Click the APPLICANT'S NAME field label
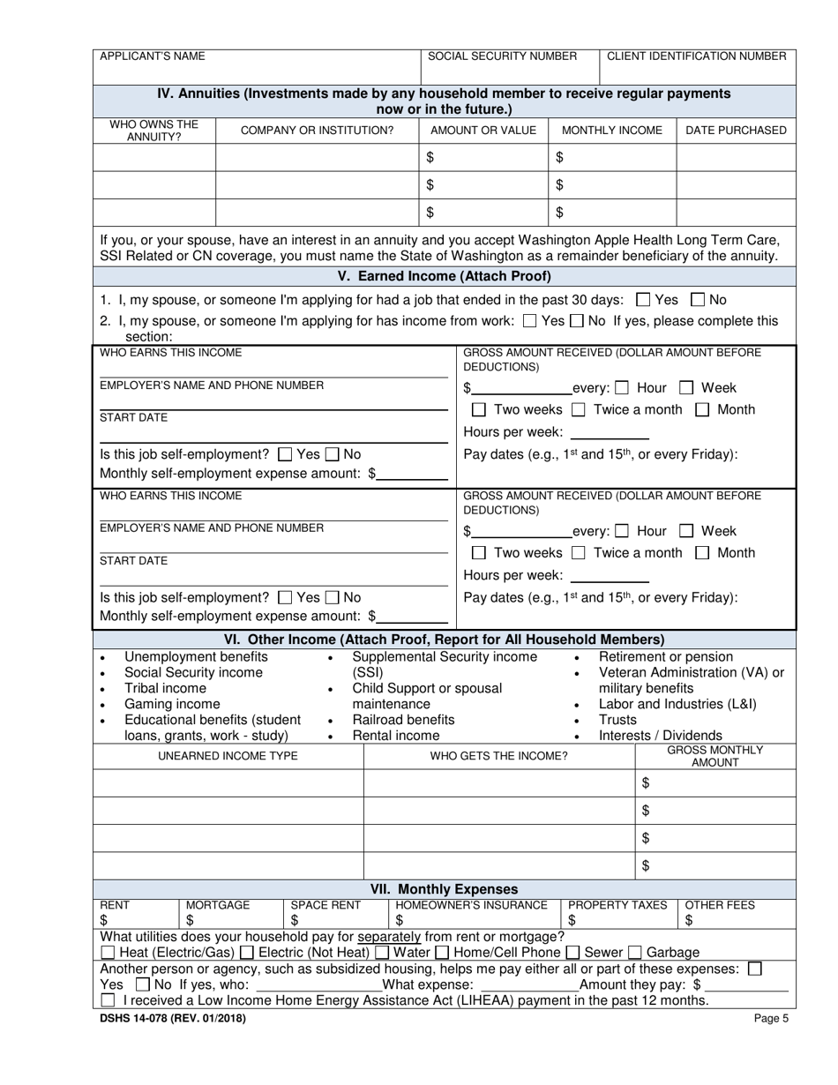click(152, 56)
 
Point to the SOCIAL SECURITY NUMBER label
click(502, 56)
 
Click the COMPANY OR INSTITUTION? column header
click(317, 131)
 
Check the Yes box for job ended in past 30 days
click(643, 300)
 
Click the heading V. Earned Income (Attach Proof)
click(444, 275)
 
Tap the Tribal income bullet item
click(165, 688)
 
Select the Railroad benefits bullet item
click(403, 720)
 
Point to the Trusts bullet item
click(617, 720)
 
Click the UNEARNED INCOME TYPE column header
click(228, 756)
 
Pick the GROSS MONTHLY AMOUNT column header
click(715, 756)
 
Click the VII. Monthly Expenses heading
click(444, 889)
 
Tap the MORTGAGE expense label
click(218, 905)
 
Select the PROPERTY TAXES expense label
click(617, 905)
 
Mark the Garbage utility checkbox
click(635, 953)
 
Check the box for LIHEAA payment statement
click(108, 1000)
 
